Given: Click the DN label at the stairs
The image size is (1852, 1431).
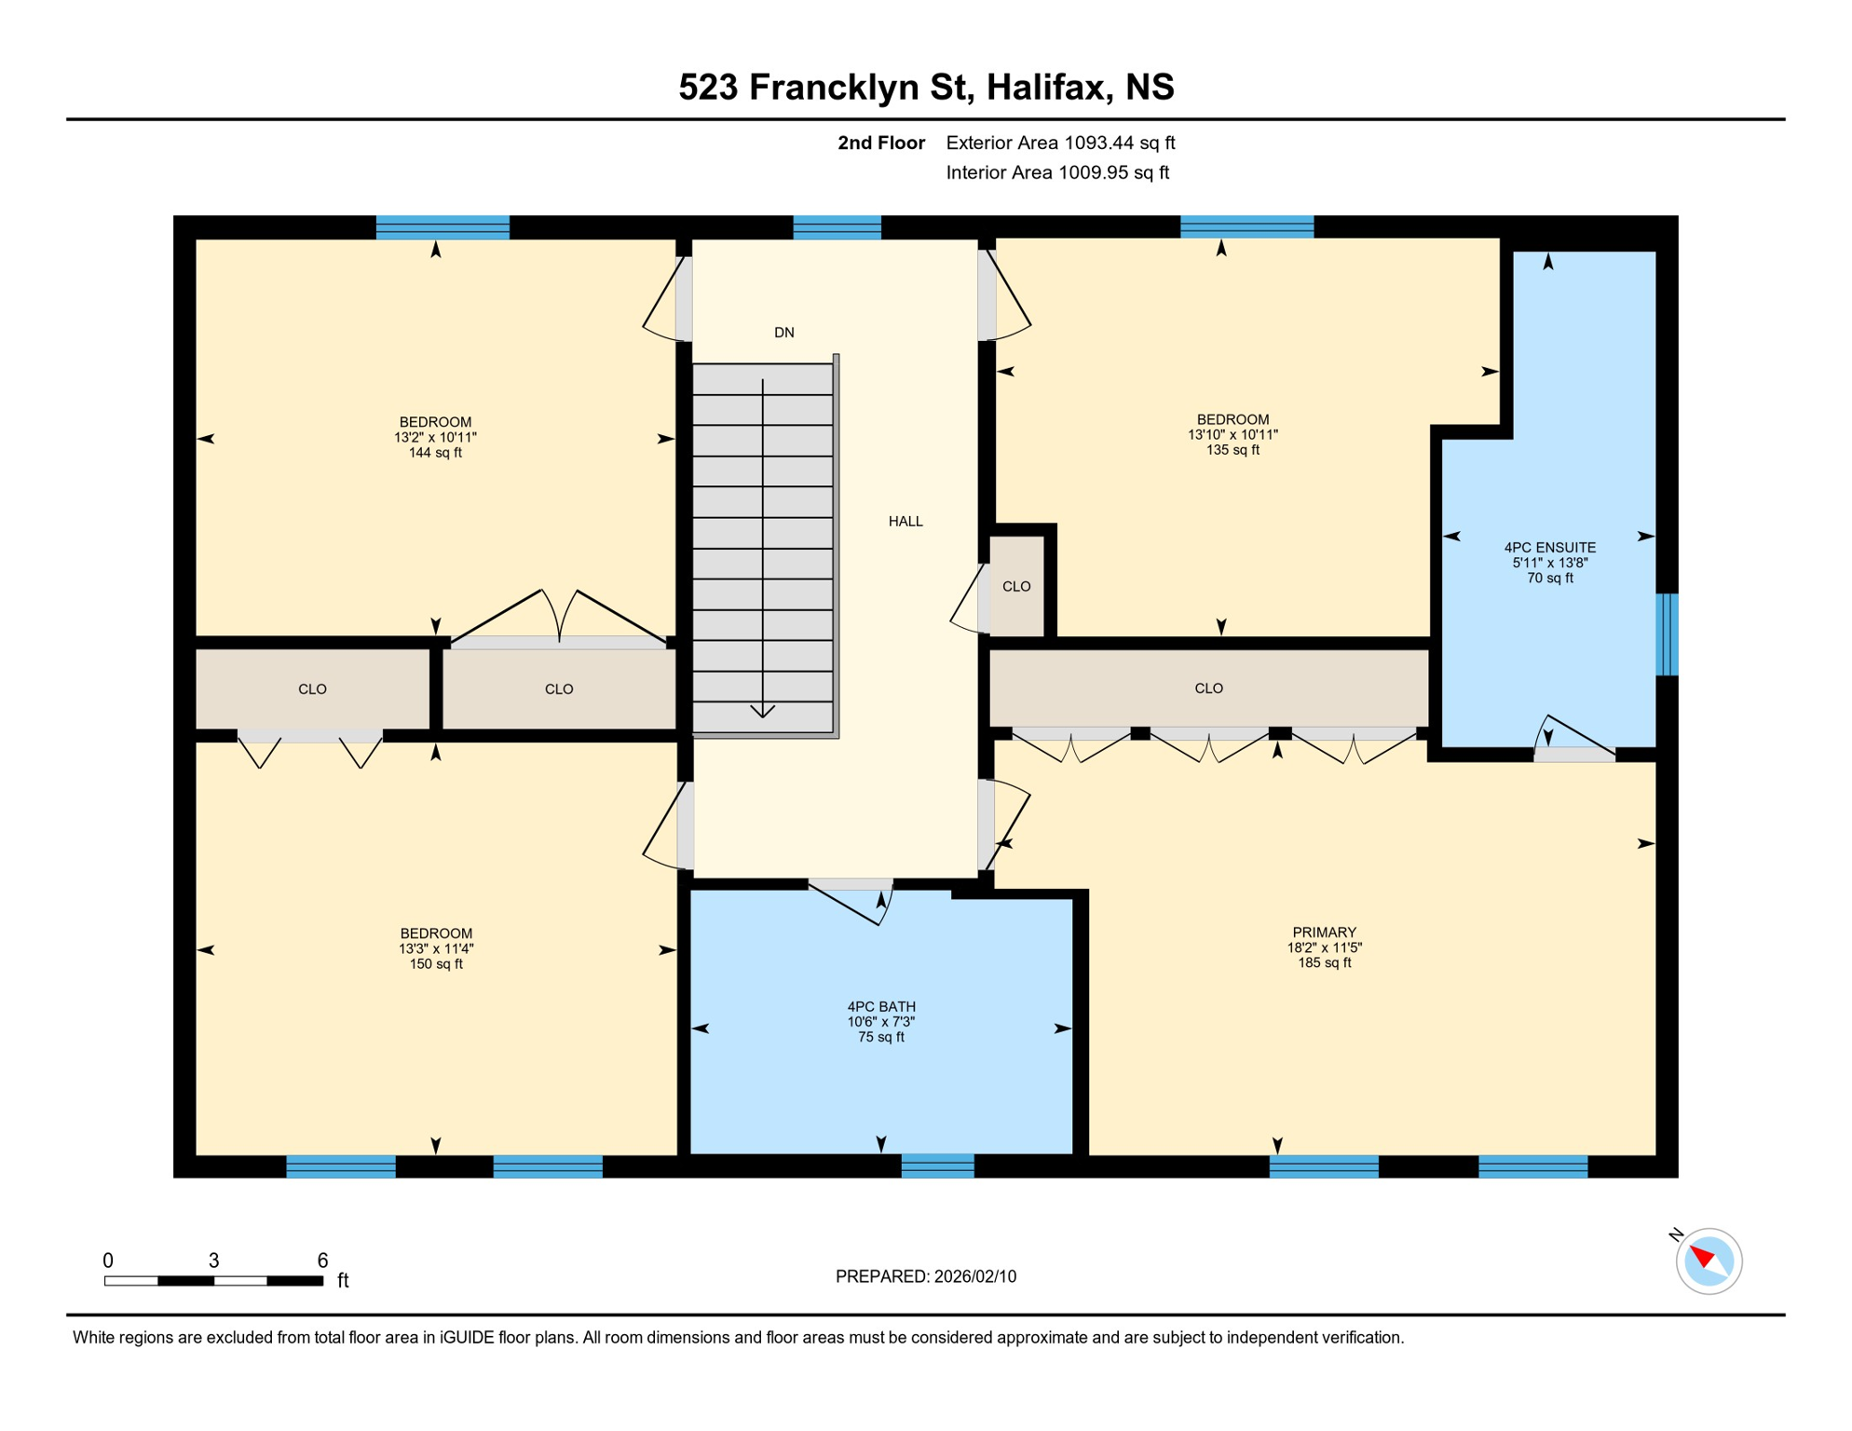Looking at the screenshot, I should point(783,333).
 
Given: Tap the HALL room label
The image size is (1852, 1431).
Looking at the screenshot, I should point(905,522).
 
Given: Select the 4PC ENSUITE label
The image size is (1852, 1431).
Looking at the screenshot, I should point(1549,548).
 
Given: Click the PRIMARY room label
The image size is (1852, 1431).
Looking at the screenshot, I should point(1324,933).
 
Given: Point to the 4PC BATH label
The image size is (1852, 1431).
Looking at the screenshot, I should point(880,1007).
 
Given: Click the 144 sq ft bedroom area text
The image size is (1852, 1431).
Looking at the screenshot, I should point(435,454).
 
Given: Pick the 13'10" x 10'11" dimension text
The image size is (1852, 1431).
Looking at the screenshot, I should point(1232,435).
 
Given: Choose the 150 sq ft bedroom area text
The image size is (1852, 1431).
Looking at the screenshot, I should point(436,964).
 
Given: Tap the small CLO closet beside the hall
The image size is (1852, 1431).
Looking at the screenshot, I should point(1015,587).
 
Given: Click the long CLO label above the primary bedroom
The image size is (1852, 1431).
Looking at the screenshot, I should point(1208,688).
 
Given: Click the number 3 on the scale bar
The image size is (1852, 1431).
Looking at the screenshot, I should point(213,1261).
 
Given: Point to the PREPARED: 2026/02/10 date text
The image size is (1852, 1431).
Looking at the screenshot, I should point(925,1276).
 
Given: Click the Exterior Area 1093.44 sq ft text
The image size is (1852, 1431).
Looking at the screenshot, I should point(1060,143).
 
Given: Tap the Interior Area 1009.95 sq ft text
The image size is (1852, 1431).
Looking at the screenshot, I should point(1057,172).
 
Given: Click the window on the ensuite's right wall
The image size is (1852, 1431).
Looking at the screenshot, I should point(1667,634).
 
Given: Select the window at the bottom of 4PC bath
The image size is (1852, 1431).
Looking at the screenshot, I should point(937,1165).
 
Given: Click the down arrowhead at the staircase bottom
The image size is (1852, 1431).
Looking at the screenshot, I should point(762,712).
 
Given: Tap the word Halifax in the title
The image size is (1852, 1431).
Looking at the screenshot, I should point(1049,88).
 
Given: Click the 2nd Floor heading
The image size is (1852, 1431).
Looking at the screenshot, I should point(880,143).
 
